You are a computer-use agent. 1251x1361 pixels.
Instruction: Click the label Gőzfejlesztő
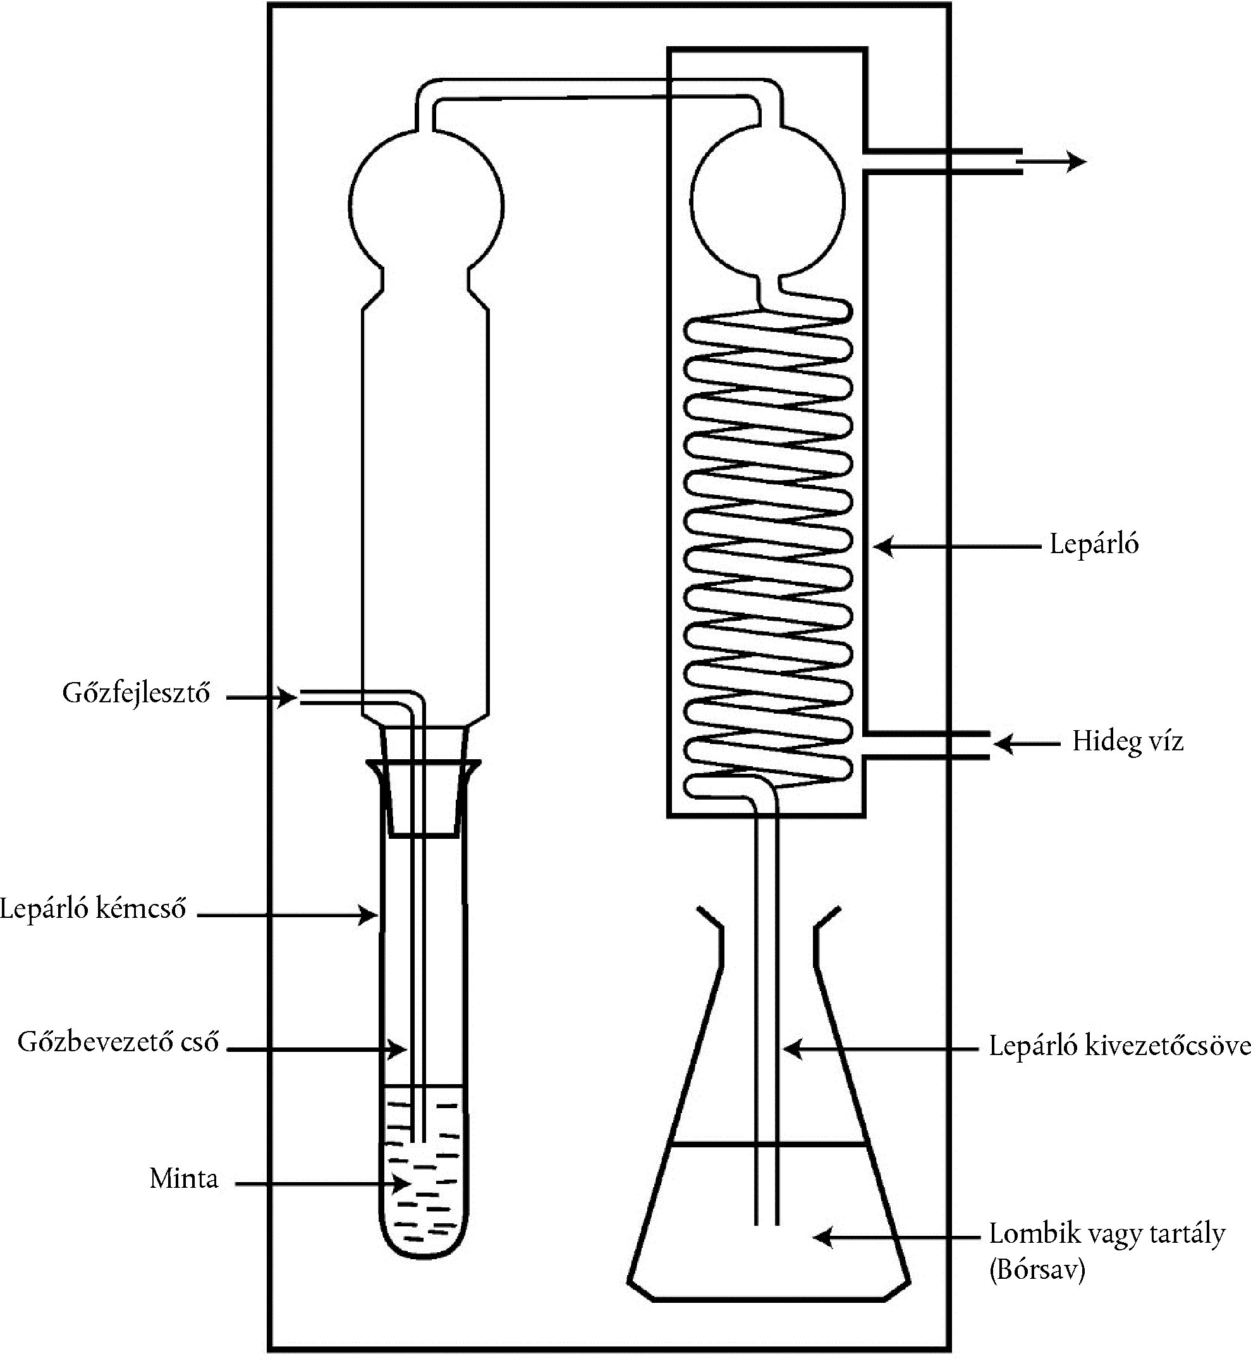pyautogui.click(x=136, y=694)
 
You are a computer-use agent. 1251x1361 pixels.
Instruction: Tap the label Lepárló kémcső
pyautogui.click(x=93, y=909)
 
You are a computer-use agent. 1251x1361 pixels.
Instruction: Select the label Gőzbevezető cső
pyautogui.click(x=118, y=1042)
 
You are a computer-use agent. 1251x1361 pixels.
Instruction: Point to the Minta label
pyautogui.click(x=184, y=1179)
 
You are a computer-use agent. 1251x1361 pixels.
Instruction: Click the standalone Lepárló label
pyautogui.click(x=1094, y=544)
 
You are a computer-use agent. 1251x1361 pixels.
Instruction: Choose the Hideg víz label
pyautogui.click(x=1127, y=742)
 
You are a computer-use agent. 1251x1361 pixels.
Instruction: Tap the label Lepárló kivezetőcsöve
pyautogui.click(x=1119, y=1046)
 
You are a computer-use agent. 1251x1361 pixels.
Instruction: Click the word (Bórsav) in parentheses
pyautogui.click(x=1037, y=1271)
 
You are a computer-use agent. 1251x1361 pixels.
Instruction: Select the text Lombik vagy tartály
pyautogui.click(x=1107, y=1234)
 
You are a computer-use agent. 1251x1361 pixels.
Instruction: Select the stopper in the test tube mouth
pyautogui.click(x=424, y=785)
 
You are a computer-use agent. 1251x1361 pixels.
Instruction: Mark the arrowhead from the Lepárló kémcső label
pyautogui.click(x=370, y=917)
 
